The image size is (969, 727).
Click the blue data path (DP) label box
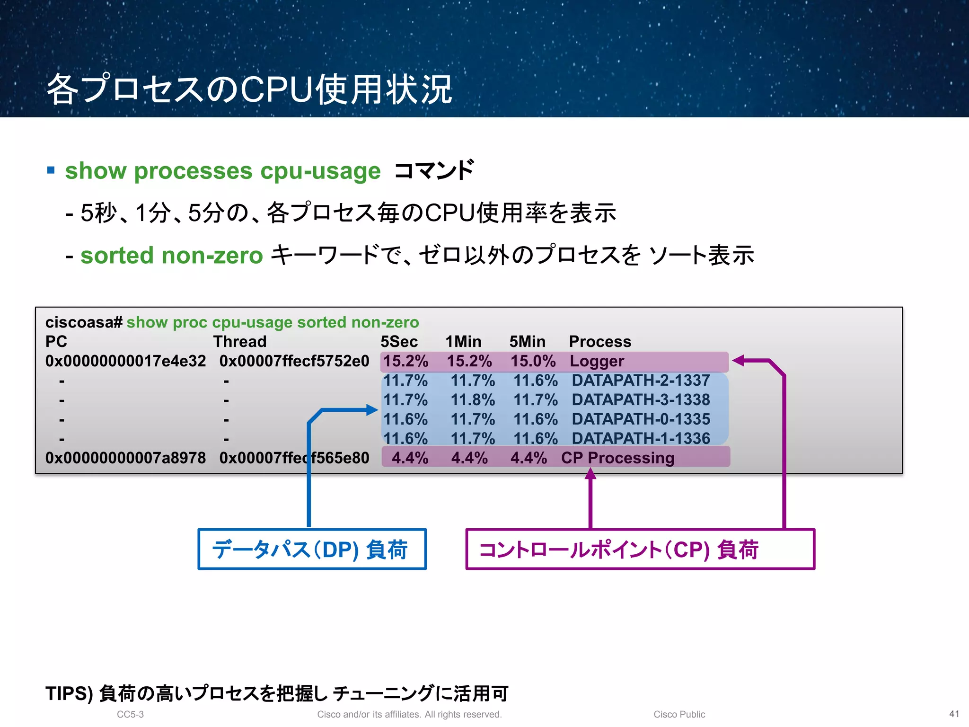tap(312, 549)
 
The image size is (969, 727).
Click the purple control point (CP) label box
tap(640, 549)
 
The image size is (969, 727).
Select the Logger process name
tap(597, 361)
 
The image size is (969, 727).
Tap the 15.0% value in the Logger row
tap(533, 361)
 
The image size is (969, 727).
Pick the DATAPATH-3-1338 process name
tap(641, 400)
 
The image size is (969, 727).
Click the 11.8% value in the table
tap(472, 400)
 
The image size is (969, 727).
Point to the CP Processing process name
tap(617, 458)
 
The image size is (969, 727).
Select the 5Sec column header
tap(399, 341)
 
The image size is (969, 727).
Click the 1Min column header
tap(463, 341)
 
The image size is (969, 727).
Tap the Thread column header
tap(240, 341)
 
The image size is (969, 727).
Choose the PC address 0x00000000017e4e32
tap(125, 361)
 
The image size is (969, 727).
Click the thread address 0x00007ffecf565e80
tap(294, 458)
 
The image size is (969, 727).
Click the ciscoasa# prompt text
tap(84, 322)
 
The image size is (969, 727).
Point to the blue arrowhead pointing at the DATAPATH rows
tap(372, 410)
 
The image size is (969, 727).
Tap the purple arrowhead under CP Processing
tap(590, 473)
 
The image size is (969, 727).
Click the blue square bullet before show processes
tap(51, 170)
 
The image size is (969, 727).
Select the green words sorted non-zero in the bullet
tap(171, 256)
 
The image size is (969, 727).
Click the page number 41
tap(954, 714)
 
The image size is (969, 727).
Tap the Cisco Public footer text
tap(679, 714)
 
